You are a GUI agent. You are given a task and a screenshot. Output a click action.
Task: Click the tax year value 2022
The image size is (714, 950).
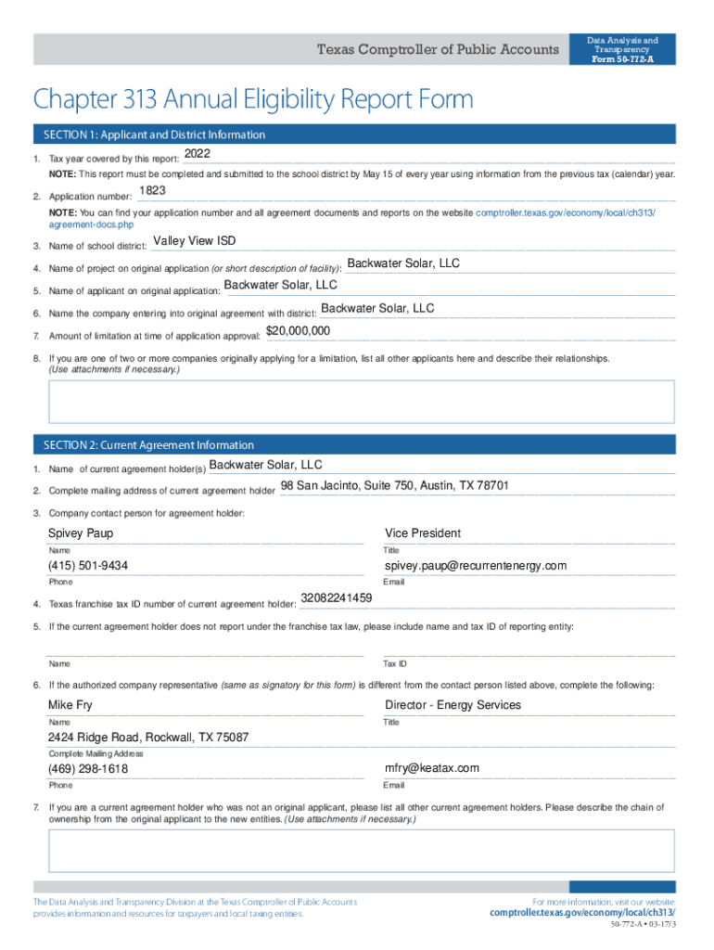coord(198,153)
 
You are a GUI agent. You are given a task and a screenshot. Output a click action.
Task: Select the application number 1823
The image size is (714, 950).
coord(152,191)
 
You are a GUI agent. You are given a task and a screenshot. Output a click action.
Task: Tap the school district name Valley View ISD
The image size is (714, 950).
coord(194,241)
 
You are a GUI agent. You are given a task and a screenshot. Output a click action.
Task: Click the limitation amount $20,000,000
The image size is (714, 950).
coord(298,331)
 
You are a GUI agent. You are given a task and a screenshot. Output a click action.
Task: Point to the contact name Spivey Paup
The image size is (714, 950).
coord(81,533)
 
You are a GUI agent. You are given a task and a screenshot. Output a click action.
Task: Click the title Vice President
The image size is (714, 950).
coord(423,533)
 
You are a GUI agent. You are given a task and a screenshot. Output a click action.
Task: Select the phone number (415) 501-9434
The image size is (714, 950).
coord(88,566)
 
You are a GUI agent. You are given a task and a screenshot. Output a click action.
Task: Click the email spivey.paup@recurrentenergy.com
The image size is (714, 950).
coord(476,566)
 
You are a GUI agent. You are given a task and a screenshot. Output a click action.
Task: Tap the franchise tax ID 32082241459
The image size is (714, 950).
coord(337,598)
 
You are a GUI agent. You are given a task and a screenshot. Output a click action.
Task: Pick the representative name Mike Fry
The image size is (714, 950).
coord(70,705)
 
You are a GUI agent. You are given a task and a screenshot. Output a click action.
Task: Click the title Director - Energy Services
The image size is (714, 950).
coord(453,705)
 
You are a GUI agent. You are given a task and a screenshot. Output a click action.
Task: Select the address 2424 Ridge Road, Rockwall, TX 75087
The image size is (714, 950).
coord(148,738)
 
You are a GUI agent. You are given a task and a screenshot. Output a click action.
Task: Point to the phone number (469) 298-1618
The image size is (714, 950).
coord(88,769)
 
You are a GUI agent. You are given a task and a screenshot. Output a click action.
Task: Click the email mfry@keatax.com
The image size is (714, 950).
coord(432,768)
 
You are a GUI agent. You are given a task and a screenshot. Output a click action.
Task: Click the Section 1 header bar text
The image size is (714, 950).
coord(154,135)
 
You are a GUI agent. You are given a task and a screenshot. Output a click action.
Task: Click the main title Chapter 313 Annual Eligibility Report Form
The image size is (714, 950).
coord(253,98)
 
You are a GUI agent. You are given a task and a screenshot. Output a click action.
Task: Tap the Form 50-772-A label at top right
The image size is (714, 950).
coord(622,60)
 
